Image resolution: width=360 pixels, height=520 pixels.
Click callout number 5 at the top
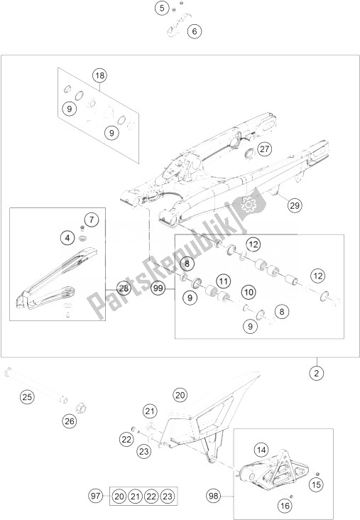[163, 9]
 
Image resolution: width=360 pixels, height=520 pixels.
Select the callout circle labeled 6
[195, 31]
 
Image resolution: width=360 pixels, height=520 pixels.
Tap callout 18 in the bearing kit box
[100, 75]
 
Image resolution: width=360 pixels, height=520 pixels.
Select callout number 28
[124, 288]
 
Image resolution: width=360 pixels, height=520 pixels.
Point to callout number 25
[26, 396]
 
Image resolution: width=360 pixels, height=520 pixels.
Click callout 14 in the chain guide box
[262, 449]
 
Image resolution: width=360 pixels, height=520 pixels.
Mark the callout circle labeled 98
[214, 494]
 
